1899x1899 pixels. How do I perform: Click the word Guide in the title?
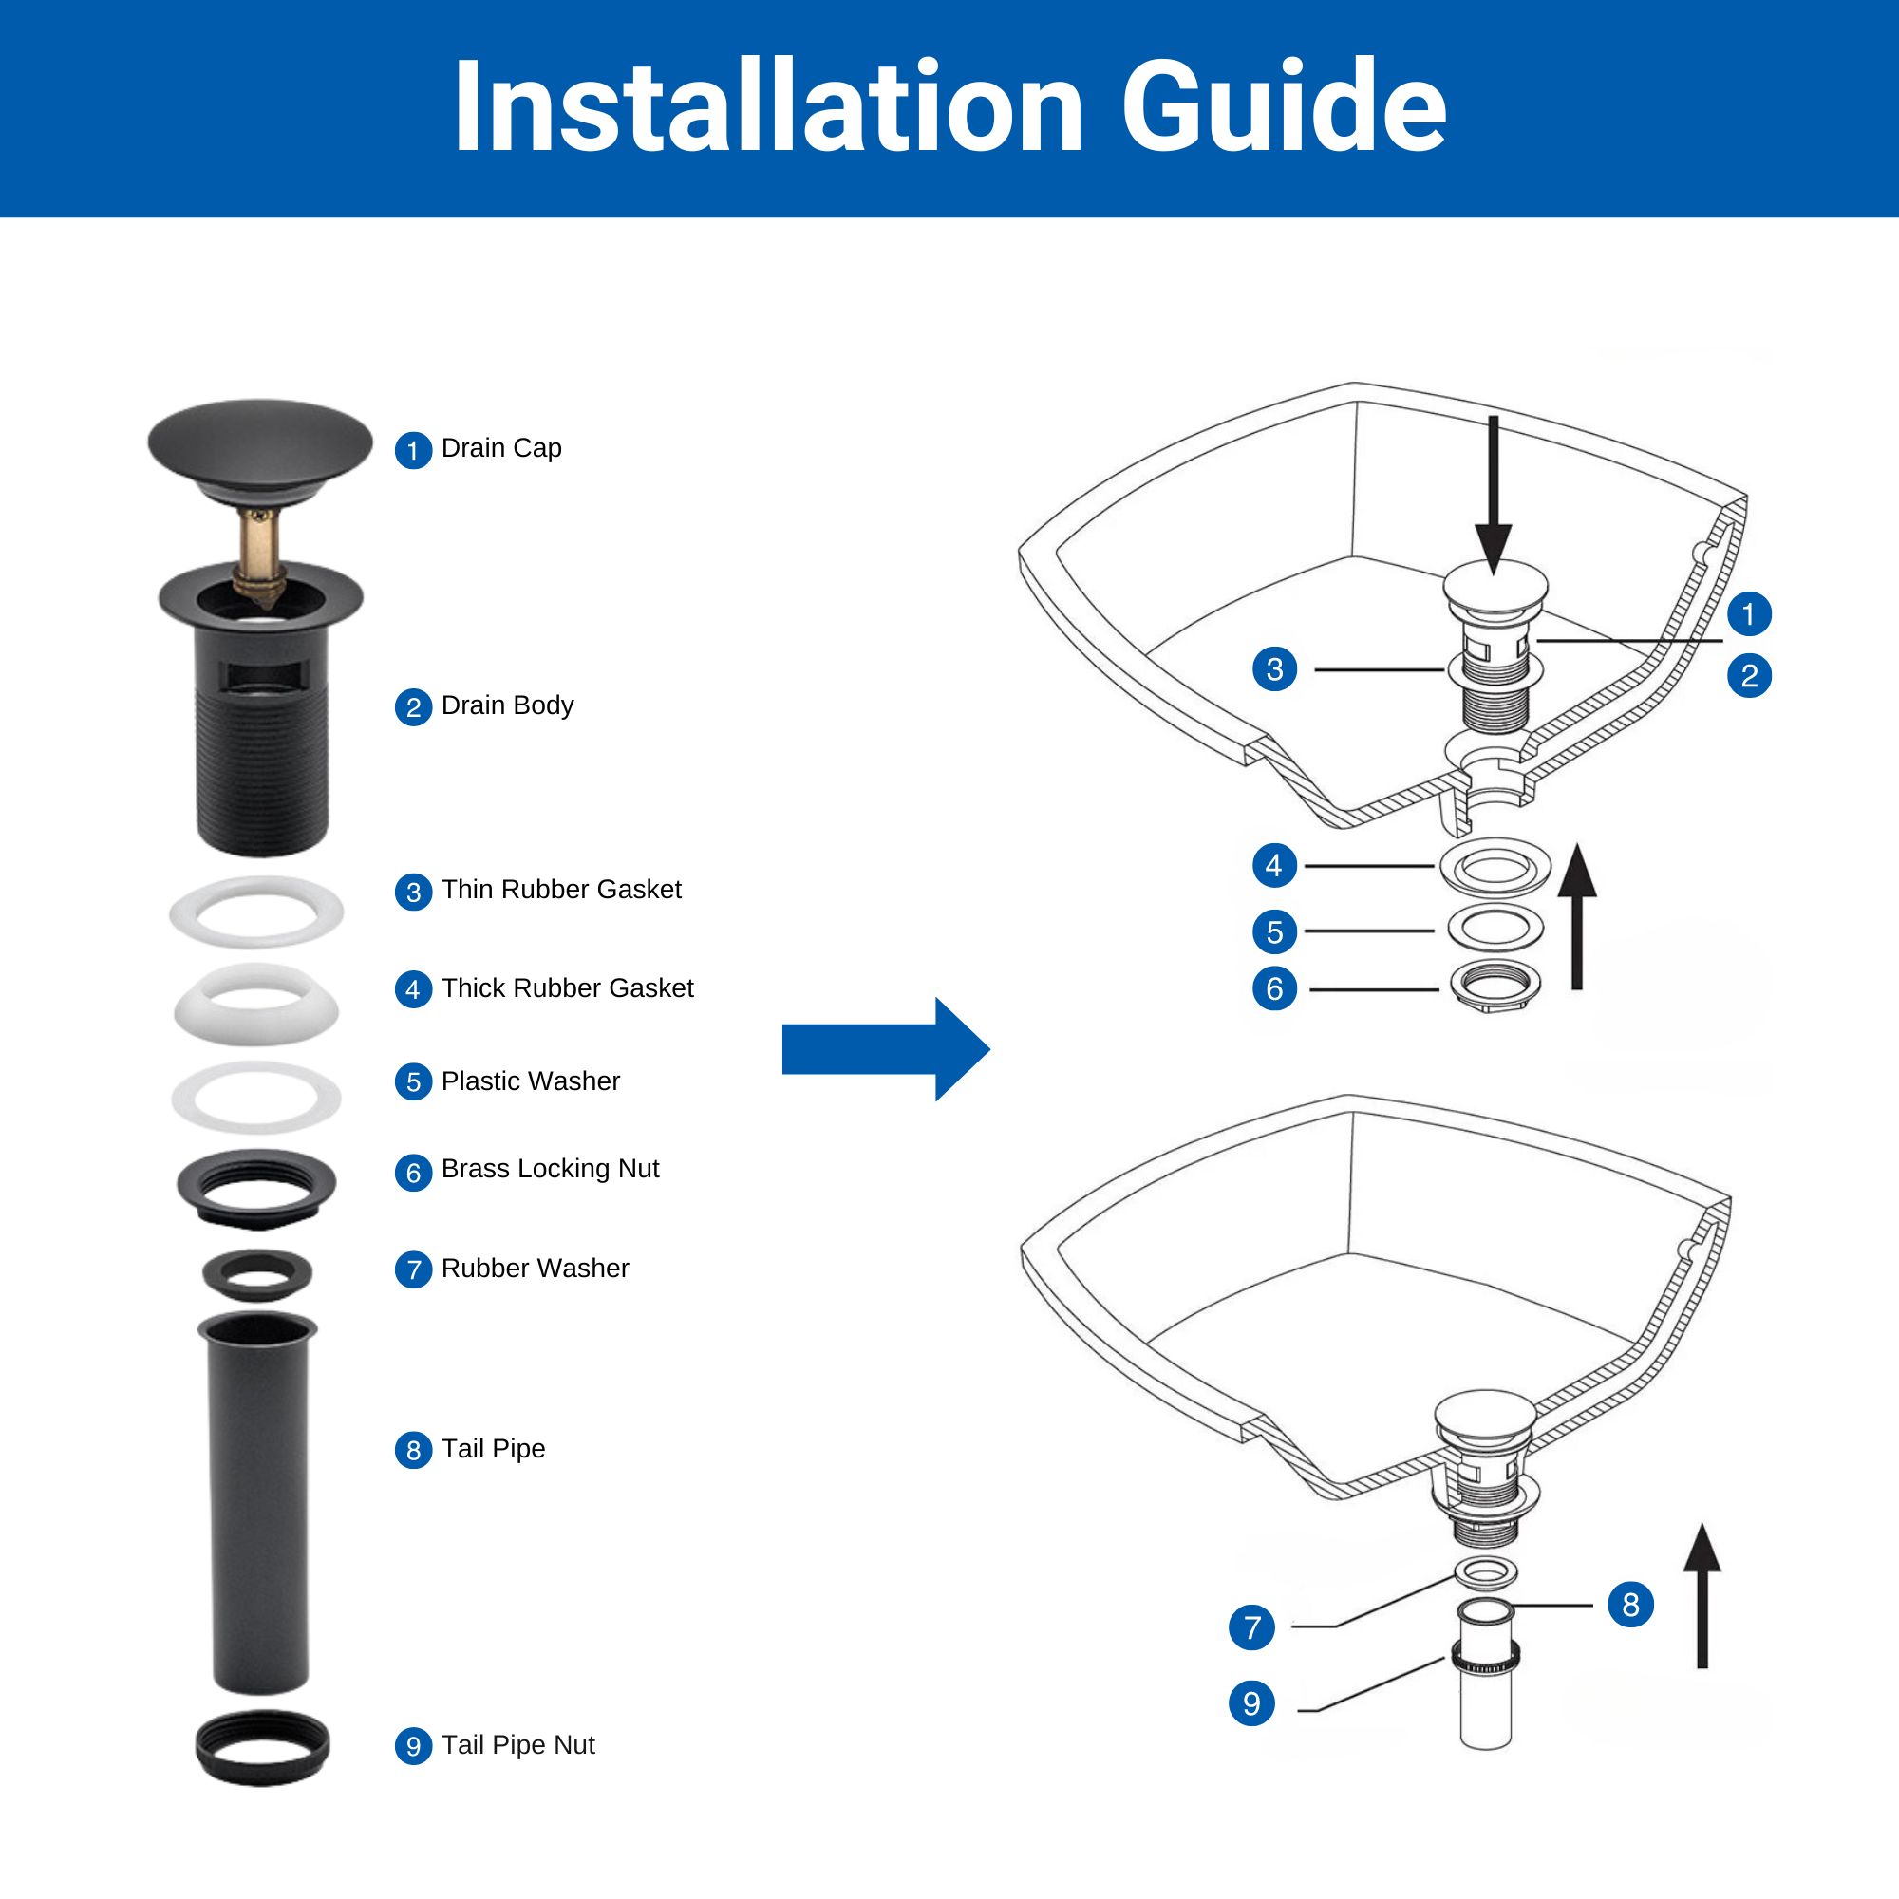[1284, 105]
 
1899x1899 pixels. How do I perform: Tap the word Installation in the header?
[767, 105]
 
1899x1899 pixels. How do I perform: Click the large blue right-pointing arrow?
[886, 1049]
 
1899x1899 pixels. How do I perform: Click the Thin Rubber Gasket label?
[561, 890]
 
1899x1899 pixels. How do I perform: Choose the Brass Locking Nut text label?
[551, 1169]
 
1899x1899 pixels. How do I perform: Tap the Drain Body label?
[507, 705]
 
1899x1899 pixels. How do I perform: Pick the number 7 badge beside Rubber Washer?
[414, 1269]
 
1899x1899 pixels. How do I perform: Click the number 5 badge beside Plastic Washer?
[414, 1082]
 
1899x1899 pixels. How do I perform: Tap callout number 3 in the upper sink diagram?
[1275, 669]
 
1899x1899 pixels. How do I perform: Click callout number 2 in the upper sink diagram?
[1750, 676]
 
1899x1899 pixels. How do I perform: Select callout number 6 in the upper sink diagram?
[1275, 987]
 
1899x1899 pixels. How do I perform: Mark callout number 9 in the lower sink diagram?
[1251, 1703]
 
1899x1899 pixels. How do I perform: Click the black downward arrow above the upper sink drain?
[1493, 496]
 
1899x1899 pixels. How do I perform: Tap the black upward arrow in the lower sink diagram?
[1702, 1596]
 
